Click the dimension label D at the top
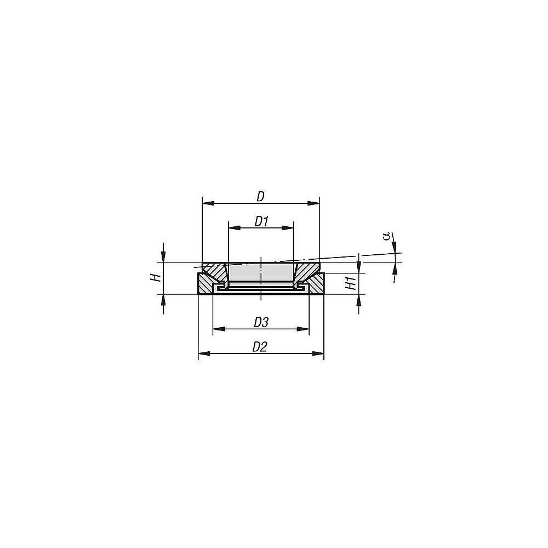coord(261,197)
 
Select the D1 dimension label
coord(261,221)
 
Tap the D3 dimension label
coord(261,322)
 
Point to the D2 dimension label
coord(260,347)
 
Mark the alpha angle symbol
coord(386,237)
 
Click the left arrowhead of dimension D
coord(208,203)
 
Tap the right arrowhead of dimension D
coord(313,203)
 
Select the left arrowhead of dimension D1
coord(234,228)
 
